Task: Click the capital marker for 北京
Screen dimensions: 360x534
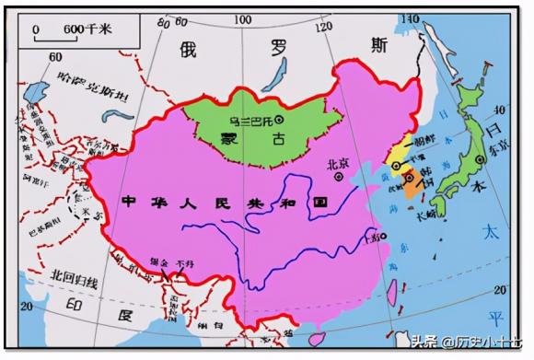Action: pyautogui.click(x=340, y=177)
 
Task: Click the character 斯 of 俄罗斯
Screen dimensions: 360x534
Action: pyautogui.click(x=378, y=43)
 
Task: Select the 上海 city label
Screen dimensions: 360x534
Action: pyautogui.click(x=373, y=238)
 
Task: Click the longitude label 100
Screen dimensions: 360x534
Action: pyautogui.click(x=244, y=19)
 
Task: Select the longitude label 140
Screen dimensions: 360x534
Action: pyautogui.click(x=409, y=18)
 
